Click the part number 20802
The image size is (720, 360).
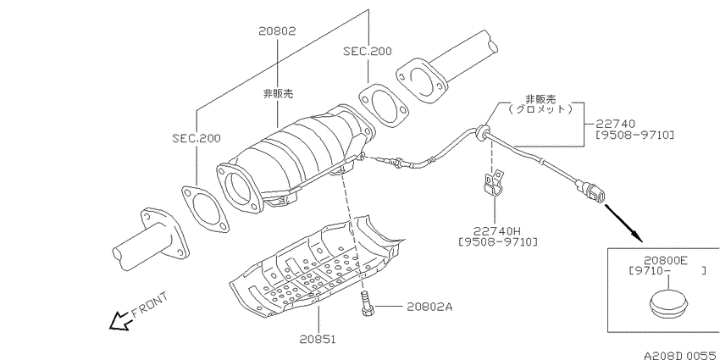pyautogui.click(x=277, y=31)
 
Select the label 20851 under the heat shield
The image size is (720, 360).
pyautogui.click(x=318, y=340)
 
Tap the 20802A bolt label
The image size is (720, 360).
pyautogui.click(x=429, y=307)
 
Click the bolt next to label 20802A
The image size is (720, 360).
pyautogui.click(x=367, y=303)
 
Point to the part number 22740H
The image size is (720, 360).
pyautogui.click(x=496, y=230)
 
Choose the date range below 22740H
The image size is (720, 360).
pyautogui.click(x=498, y=241)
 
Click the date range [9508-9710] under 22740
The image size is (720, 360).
pyautogui.click(x=634, y=135)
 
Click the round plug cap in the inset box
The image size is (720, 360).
pyautogui.click(x=669, y=304)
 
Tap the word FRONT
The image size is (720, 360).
pyautogui.click(x=150, y=305)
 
